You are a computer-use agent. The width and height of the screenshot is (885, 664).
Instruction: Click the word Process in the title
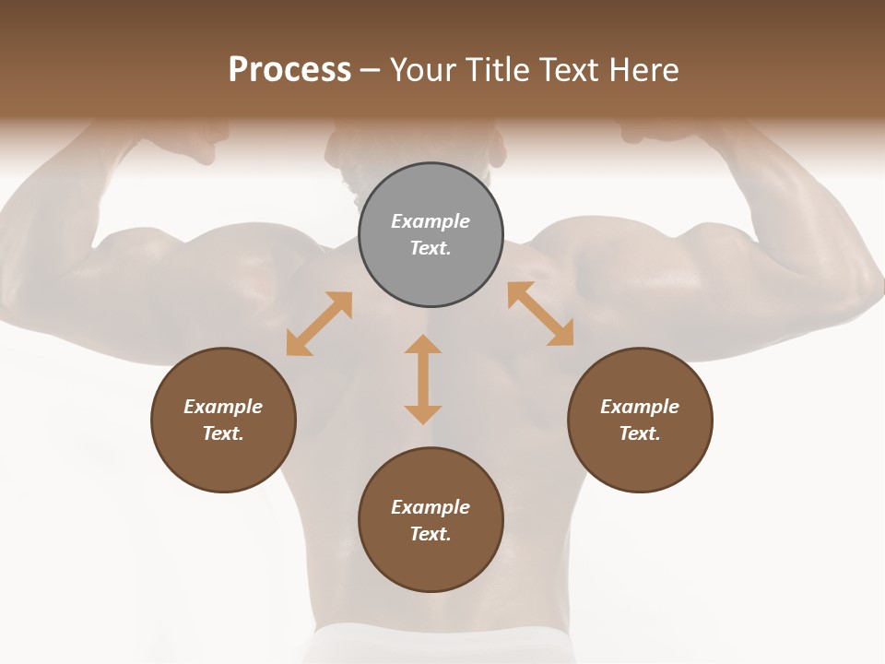[x=289, y=70]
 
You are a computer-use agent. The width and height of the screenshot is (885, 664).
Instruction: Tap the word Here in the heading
[x=643, y=70]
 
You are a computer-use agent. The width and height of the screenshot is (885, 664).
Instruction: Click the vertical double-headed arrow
[x=423, y=379]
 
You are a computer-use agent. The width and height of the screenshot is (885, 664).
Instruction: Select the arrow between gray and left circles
[x=319, y=324]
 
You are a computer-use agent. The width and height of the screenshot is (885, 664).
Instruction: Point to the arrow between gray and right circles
[x=540, y=314]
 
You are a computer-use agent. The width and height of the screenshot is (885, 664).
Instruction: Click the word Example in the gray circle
[x=431, y=221]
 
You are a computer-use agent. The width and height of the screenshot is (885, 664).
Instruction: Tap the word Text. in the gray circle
[x=431, y=248]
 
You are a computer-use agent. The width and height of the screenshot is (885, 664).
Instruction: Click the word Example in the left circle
[x=223, y=407]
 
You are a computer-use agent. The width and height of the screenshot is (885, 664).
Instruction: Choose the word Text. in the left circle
[x=223, y=433]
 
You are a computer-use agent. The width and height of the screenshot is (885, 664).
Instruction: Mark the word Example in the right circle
[x=640, y=407]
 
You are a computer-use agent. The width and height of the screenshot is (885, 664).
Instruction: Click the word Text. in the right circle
[x=640, y=433]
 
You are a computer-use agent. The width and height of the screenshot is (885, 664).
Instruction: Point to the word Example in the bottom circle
[x=431, y=507]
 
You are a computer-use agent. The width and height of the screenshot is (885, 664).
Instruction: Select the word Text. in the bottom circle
[x=431, y=534]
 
